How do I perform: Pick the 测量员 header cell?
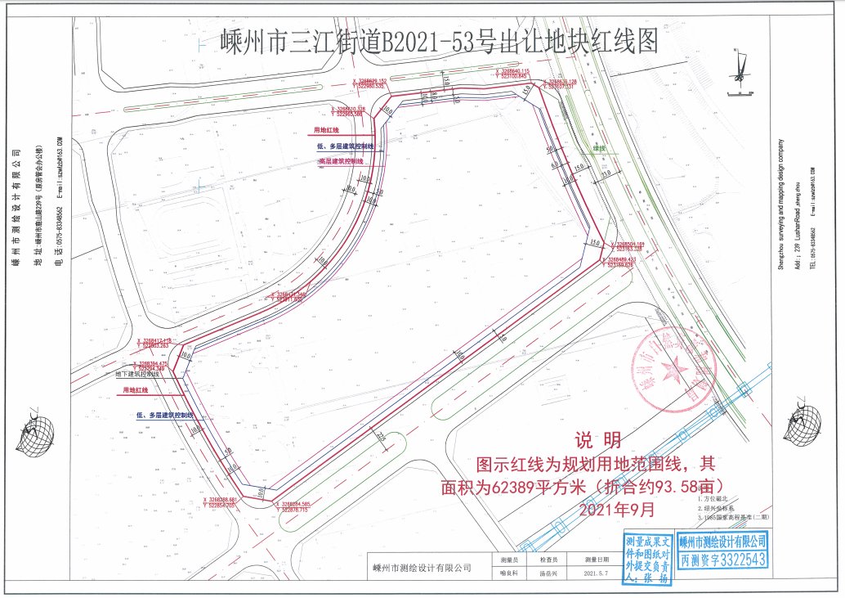(x=508, y=560)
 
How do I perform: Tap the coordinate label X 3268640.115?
(x=513, y=71)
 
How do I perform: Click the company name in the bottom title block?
(x=422, y=568)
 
